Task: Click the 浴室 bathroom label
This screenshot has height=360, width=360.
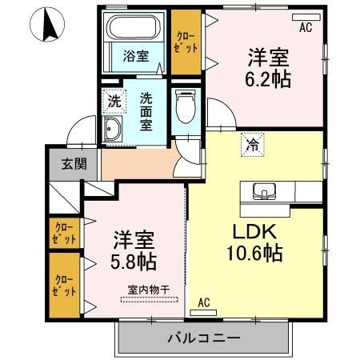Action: pyautogui.click(x=135, y=57)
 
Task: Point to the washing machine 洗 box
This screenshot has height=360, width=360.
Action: pyautogui.click(x=114, y=102)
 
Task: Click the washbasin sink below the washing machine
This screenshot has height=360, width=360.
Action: pyautogui.click(x=114, y=131)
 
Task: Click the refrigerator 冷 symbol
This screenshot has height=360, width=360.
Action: pyautogui.click(x=251, y=146)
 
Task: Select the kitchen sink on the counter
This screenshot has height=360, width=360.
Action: pyautogui.click(x=263, y=191)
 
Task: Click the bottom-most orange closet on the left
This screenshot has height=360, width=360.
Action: pyautogui.click(x=64, y=285)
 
